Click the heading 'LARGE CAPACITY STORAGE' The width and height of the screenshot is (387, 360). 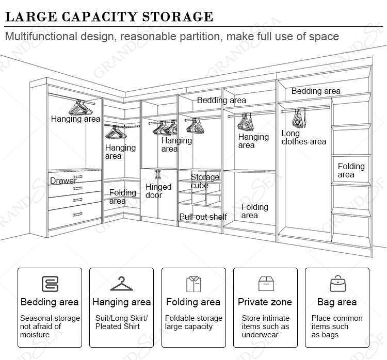[x=109, y=16]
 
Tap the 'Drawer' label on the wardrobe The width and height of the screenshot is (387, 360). [x=63, y=181]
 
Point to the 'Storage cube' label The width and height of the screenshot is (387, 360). [x=205, y=181]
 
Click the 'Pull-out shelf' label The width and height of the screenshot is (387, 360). [x=203, y=217]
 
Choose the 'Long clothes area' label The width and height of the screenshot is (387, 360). [x=303, y=138]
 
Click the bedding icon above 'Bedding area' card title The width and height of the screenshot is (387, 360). [x=50, y=284]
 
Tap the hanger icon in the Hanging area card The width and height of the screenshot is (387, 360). [x=121, y=284]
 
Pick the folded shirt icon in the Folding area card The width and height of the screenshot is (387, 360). [x=193, y=284]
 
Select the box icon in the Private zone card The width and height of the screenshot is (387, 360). [x=265, y=284]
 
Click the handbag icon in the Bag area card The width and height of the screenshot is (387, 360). [x=337, y=284]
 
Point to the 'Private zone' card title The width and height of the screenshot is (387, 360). [x=265, y=302]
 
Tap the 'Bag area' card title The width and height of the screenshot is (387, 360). [x=337, y=302]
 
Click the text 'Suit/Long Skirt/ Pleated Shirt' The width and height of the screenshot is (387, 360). [x=121, y=322]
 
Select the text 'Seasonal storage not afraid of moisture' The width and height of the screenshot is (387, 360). [x=50, y=326]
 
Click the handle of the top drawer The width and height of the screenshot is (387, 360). [x=77, y=177]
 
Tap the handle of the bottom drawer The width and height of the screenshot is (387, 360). [x=77, y=214]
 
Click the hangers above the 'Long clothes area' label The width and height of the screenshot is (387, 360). [x=299, y=118]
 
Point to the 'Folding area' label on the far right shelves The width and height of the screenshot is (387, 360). [x=351, y=170]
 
